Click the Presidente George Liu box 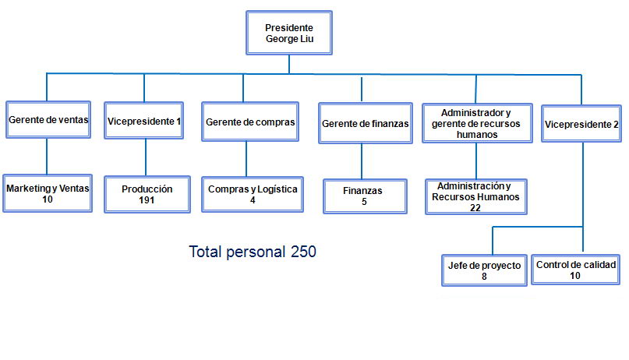(289, 33)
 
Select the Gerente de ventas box (48, 120)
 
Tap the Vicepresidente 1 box (144, 121)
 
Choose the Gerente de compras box (250, 122)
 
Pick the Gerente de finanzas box (366, 123)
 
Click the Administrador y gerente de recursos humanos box (477, 123)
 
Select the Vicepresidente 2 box (581, 124)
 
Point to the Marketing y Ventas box (48, 193)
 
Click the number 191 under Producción (147, 200)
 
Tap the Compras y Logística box (253, 195)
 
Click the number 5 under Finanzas (364, 202)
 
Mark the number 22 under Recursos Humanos (475, 207)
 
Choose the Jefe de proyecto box (484, 270)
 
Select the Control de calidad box (576, 270)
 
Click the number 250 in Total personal (303, 252)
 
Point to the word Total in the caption (205, 252)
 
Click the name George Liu (290, 39)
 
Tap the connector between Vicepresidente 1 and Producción (146, 157)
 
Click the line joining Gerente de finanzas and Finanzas (362, 161)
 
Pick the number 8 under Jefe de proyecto (484, 276)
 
